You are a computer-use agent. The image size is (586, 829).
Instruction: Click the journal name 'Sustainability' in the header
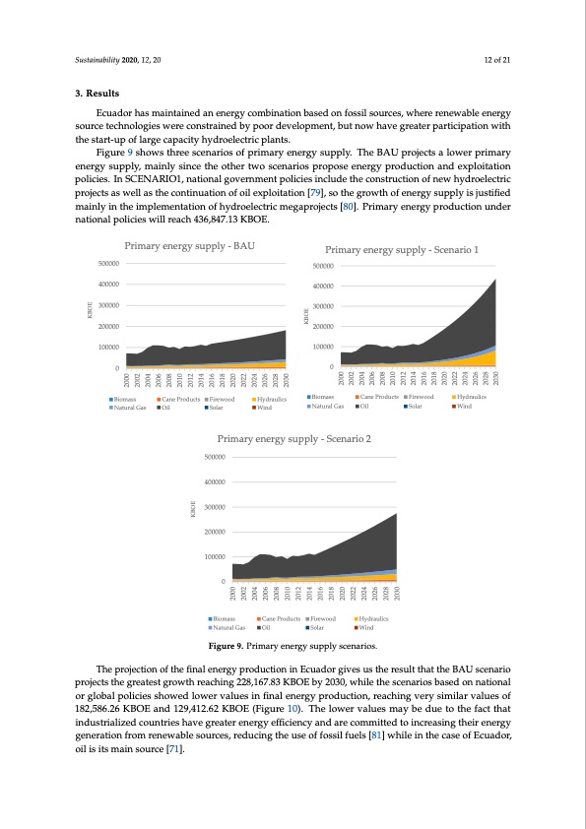(x=98, y=61)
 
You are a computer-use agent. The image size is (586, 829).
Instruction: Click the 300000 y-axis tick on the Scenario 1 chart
(x=323, y=305)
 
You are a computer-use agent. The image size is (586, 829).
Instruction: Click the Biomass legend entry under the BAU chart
(x=128, y=399)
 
